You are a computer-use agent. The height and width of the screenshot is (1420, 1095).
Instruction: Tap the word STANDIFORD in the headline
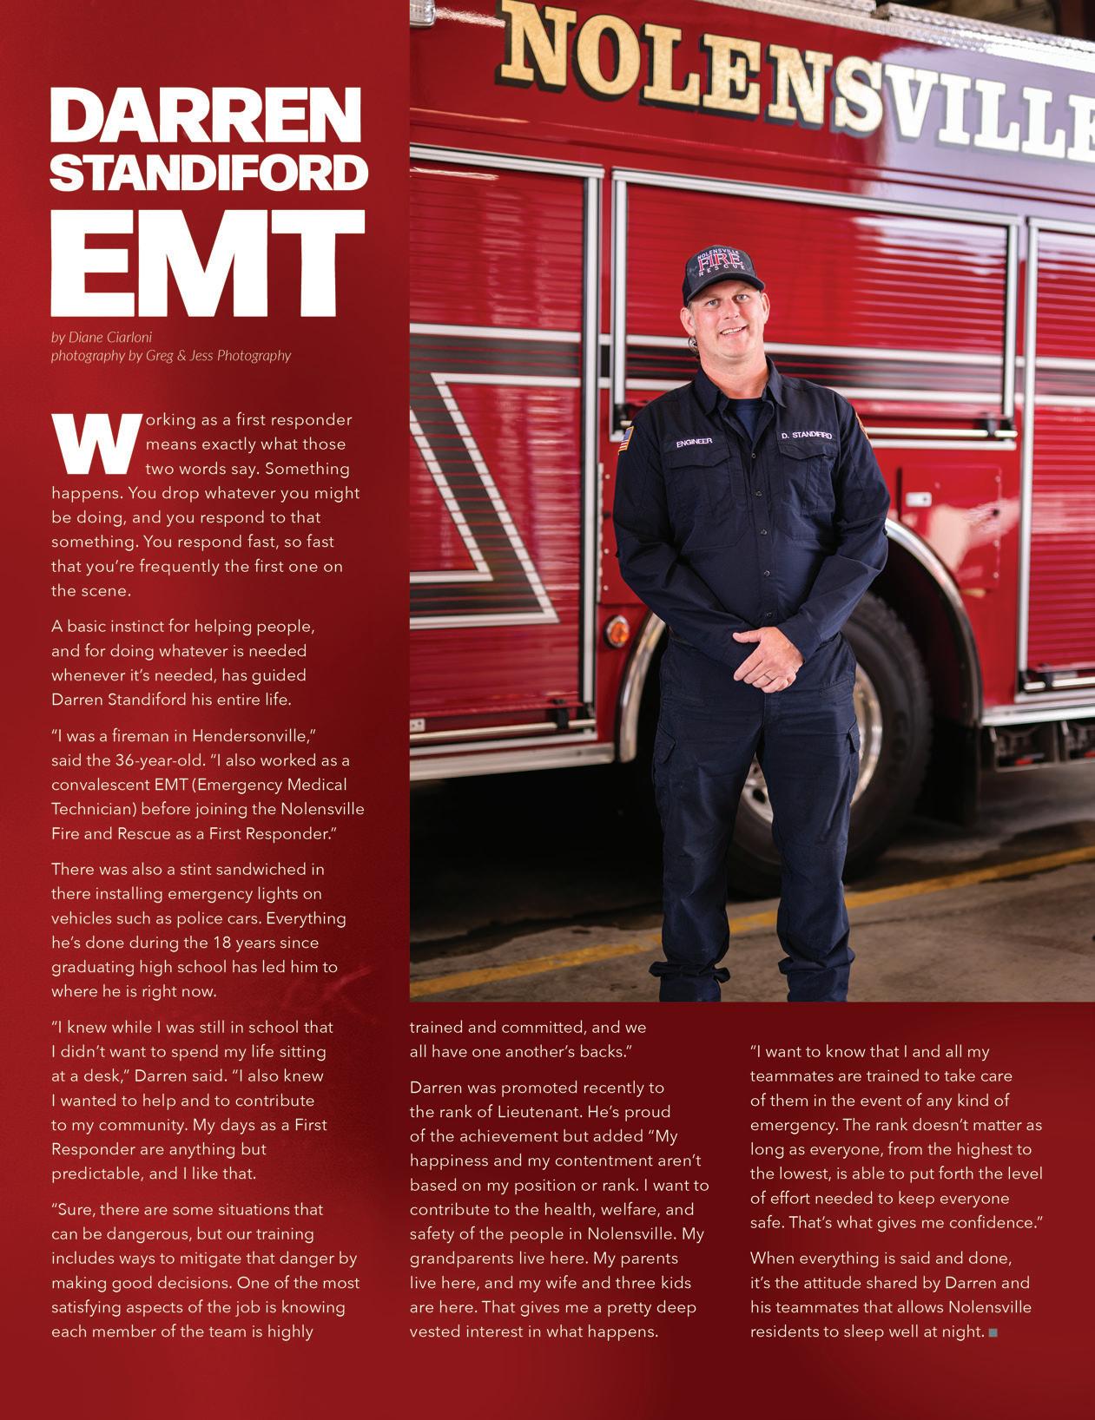[x=208, y=174]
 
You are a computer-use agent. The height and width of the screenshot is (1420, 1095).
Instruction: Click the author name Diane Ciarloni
[x=115, y=337]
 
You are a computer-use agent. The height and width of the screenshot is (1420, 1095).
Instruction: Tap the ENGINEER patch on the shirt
[x=694, y=442]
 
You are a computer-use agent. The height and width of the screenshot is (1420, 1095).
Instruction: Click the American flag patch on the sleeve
[x=623, y=440]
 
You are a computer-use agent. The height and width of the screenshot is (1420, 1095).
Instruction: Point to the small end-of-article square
[x=993, y=1332]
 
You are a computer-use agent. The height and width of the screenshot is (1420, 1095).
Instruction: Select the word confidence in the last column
[x=989, y=1223]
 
